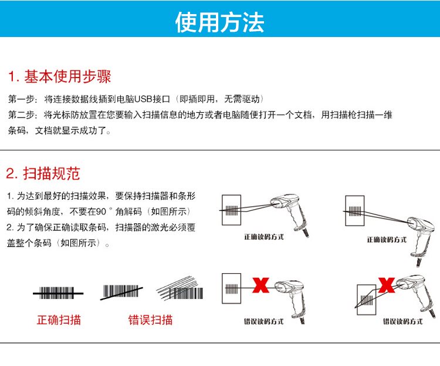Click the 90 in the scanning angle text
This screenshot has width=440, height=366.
tap(104, 211)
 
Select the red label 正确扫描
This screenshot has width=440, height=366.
tap(59, 320)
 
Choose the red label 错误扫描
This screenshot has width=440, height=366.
tap(150, 320)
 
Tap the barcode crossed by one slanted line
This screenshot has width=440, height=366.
tap(124, 292)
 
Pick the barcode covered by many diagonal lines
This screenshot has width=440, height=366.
tap(181, 289)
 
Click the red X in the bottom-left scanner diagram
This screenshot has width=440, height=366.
tap(260, 286)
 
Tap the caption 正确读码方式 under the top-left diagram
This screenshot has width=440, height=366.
tap(263, 238)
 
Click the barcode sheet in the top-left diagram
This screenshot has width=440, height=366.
tap(232, 209)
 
